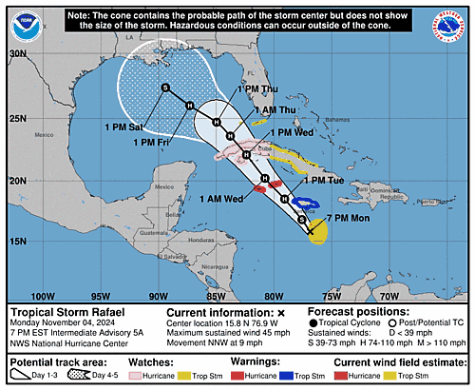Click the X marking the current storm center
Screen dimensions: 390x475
[310, 230]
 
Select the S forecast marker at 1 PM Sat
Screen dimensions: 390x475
[165, 88]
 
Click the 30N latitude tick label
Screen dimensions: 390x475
[16, 54]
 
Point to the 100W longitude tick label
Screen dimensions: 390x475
[43, 297]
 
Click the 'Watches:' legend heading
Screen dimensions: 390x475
[191, 361]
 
